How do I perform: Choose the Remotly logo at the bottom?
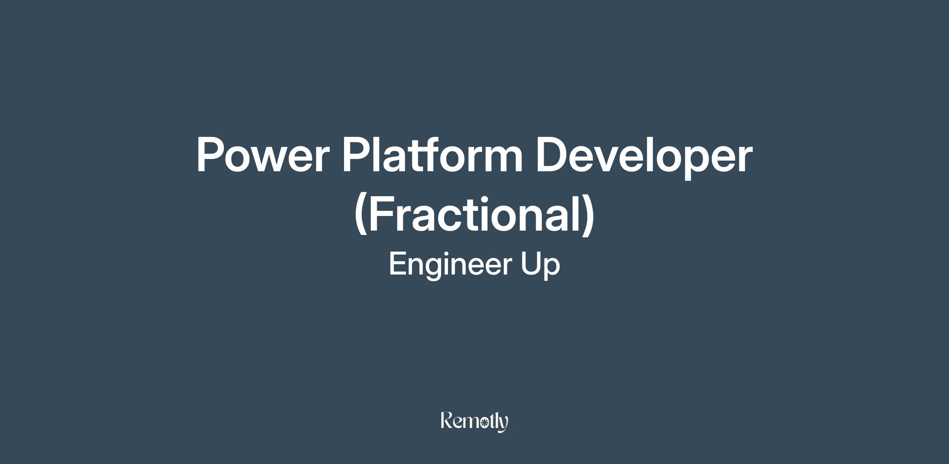click(x=475, y=422)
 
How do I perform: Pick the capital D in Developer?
click(x=552, y=155)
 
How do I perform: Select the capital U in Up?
click(x=530, y=264)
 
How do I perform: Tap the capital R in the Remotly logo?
click(x=447, y=420)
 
